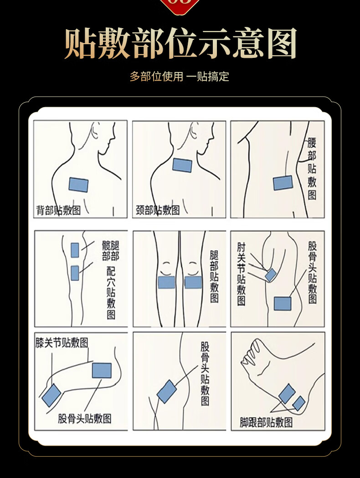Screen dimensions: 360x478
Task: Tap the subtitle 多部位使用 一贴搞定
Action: (179, 76)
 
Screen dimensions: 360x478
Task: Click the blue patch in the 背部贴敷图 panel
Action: (78, 185)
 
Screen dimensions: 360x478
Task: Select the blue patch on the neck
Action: (182, 165)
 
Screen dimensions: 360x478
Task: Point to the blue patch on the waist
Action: (283, 183)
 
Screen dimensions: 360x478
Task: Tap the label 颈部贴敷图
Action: (158, 210)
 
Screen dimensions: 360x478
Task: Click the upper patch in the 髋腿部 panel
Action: (75, 250)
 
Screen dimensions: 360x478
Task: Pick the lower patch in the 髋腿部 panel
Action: (75, 273)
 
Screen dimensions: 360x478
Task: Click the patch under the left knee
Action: (166, 282)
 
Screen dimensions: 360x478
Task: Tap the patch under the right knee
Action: (193, 282)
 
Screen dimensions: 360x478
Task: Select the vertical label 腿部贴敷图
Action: (214, 277)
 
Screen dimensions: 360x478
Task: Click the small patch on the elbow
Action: (271, 275)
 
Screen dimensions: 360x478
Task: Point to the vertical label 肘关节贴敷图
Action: (241, 274)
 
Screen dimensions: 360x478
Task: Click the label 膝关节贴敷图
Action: (62, 343)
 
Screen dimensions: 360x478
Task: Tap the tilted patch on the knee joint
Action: (51, 395)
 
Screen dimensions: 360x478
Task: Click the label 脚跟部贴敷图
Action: (266, 422)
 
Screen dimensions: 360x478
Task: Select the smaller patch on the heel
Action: (299, 403)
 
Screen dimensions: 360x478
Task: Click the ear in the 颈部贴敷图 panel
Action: (193, 130)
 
